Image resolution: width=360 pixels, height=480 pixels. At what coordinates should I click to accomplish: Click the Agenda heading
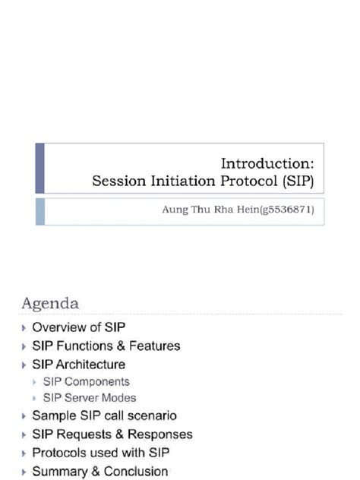pyautogui.click(x=49, y=303)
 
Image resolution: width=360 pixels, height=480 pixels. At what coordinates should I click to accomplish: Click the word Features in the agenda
pyautogui.click(x=155, y=346)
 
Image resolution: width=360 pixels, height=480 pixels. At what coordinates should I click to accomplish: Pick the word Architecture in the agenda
pyautogui.click(x=90, y=364)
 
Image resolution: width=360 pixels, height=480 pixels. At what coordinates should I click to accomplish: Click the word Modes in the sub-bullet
pyautogui.click(x=119, y=398)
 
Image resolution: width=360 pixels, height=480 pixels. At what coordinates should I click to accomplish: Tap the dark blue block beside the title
pyautogui.click(x=40, y=168)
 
